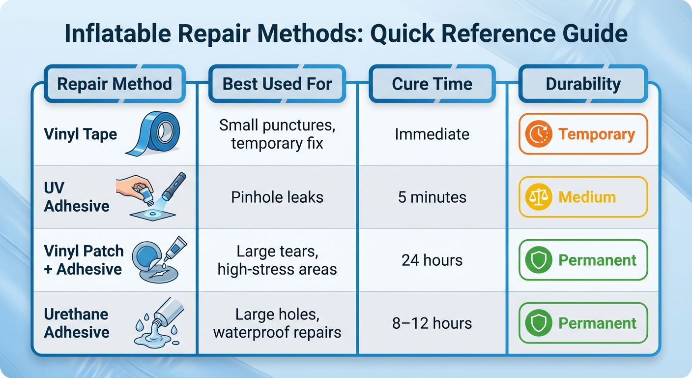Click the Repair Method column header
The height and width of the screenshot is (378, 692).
pyautogui.click(x=115, y=84)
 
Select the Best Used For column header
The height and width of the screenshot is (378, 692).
pyautogui.click(x=277, y=84)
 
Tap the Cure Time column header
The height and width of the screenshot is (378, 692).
pyautogui.click(x=432, y=84)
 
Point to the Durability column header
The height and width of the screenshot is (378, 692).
pyautogui.click(x=583, y=84)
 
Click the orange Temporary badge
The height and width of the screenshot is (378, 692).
pyautogui.click(x=583, y=134)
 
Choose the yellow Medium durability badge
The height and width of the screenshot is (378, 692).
pyautogui.click(x=583, y=197)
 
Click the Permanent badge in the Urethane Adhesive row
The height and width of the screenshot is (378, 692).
pyautogui.click(x=583, y=323)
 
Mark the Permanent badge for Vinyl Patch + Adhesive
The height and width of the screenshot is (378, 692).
pyautogui.click(x=583, y=260)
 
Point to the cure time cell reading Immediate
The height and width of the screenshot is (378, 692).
pyautogui.click(x=432, y=134)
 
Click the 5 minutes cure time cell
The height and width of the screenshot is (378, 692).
pyautogui.click(x=432, y=197)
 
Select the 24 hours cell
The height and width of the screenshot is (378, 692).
pyautogui.click(x=432, y=260)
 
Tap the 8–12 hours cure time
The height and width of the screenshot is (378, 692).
pyautogui.click(x=432, y=323)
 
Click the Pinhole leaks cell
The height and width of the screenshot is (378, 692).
pyautogui.click(x=277, y=197)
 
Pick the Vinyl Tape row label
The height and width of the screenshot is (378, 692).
pyautogui.click(x=81, y=134)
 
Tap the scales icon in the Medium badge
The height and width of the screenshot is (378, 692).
pyautogui.click(x=539, y=197)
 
